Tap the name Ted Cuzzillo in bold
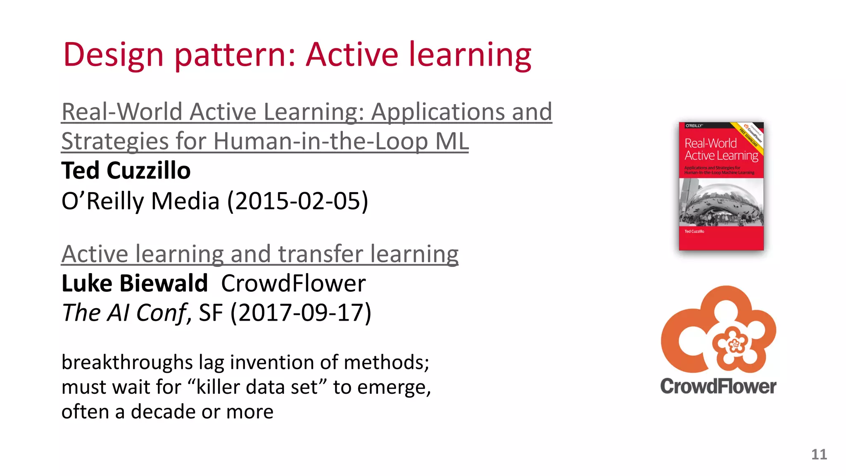126,171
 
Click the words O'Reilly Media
140,201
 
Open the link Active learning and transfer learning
260,254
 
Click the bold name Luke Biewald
135,283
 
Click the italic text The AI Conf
124,313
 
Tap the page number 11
819,455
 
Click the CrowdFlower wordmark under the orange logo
718,386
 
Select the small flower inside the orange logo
734,343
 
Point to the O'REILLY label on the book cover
694,126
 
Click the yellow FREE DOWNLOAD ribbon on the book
749,136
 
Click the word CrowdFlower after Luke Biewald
293,283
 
